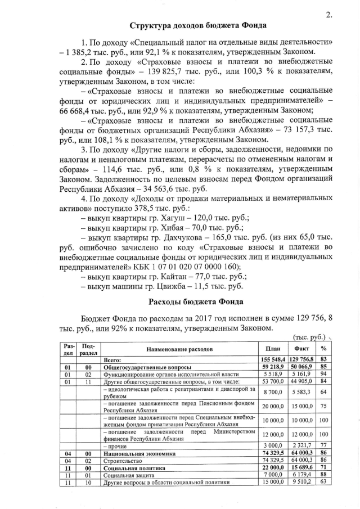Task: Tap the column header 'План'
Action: (x=273, y=349)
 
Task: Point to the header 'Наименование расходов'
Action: (x=180, y=349)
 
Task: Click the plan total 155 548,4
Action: (x=273, y=359)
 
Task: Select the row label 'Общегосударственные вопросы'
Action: (x=145, y=366)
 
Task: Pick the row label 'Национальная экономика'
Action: (x=140, y=453)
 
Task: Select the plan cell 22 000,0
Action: (x=273, y=467)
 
